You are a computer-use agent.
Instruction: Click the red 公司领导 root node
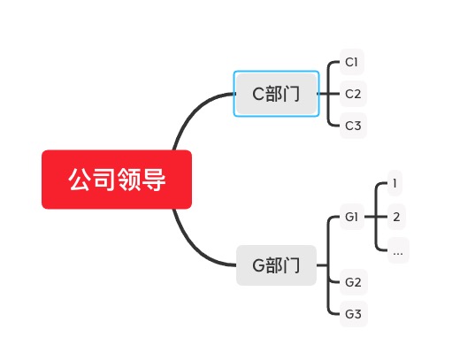tap(116, 180)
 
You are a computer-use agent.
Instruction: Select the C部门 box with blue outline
tap(276, 94)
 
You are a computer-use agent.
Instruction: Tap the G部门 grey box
tap(276, 265)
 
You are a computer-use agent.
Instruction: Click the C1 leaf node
tap(352, 62)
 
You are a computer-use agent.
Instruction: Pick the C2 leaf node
tap(352, 93)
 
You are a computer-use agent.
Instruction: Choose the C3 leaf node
tap(352, 125)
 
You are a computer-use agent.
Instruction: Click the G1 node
tap(352, 217)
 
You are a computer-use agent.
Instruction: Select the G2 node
tap(353, 282)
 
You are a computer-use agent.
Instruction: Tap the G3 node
tap(353, 313)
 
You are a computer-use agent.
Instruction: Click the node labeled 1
tap(395, 184)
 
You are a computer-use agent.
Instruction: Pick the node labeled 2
tap(396, 217)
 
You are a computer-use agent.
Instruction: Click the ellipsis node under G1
tap(397, 250)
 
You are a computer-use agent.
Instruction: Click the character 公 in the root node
tap(80, 180)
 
